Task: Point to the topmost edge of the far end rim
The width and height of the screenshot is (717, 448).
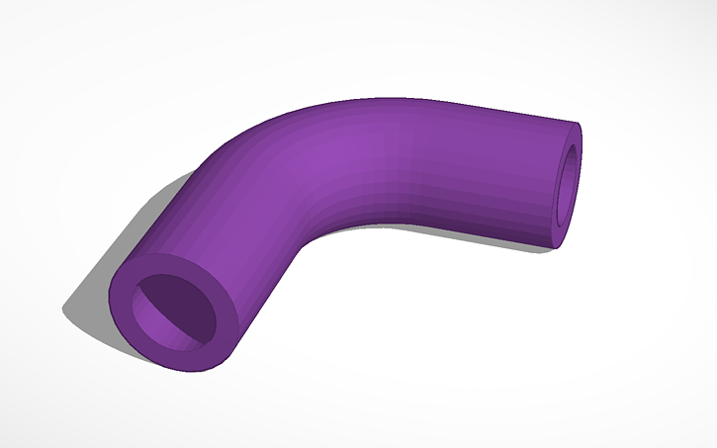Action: point(577,124)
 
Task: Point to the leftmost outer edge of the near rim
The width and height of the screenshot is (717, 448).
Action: point(110,297)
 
